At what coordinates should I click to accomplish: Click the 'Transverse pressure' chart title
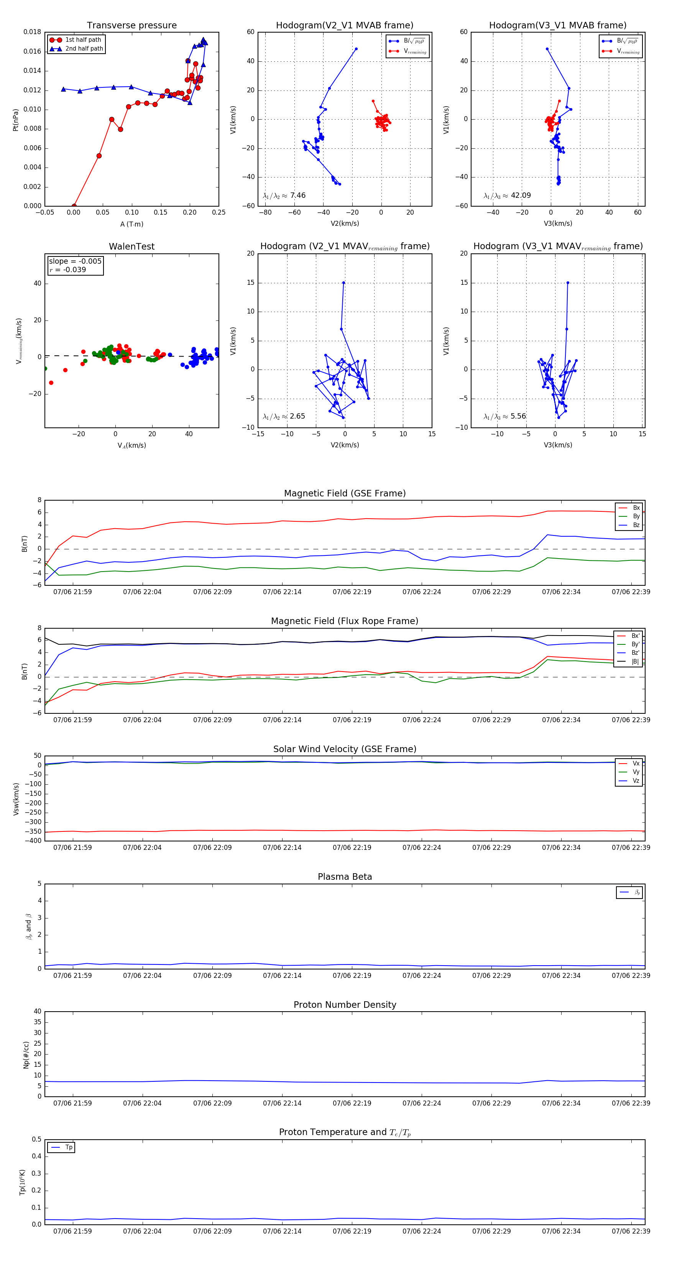coord(131,26)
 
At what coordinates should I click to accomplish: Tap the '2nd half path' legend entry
coord(84,49)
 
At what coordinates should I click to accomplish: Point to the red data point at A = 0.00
coord(74,206)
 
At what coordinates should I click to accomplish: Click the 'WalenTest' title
coord(131,246)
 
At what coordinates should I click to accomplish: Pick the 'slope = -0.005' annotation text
coord(75,261)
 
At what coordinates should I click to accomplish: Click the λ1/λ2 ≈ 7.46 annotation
coord(284,195)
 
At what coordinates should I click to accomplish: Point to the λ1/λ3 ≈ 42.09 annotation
coord(507,195)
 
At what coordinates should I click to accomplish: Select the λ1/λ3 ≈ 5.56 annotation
coord(505,416)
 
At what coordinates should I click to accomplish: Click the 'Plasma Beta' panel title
coord(345,877)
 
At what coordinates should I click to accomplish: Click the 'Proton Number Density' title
coord(345,1005)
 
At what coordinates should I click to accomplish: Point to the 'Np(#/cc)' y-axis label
coord(26,1055)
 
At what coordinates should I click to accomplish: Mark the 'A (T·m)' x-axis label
coord(131,224)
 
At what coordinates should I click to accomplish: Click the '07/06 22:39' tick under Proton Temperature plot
coord(631,1231)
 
